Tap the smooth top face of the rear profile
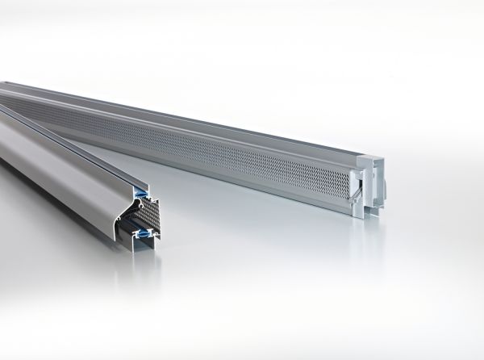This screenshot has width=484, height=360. click(x=202, y=109)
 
